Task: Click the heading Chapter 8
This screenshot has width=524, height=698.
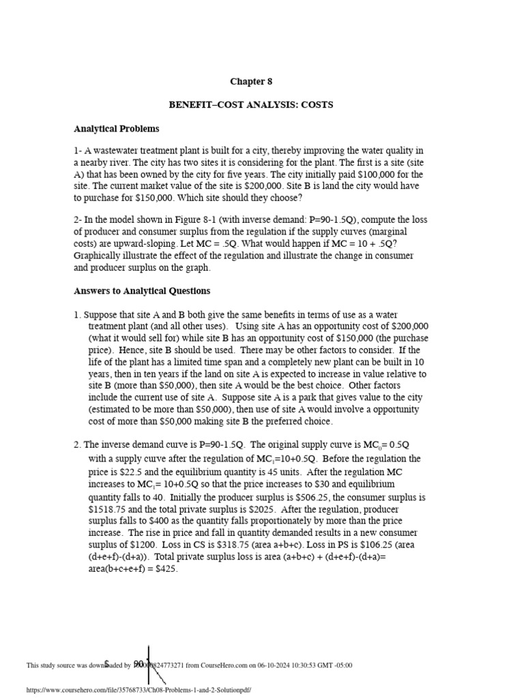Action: [250, 82]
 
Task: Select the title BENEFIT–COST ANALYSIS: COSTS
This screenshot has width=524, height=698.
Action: [250, 105]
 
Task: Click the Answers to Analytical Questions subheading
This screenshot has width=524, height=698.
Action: [142, 291]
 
